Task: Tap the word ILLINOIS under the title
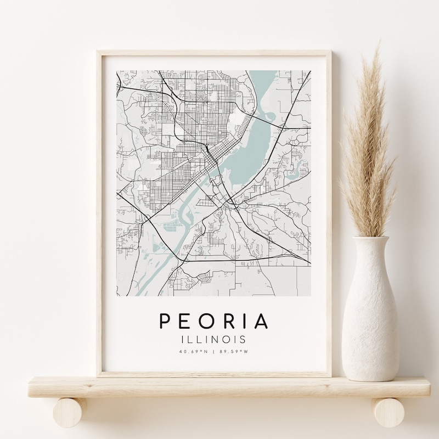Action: tap(214, 340)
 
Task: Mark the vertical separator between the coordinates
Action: tap(214, 352)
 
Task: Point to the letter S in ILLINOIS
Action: tap(244, 340)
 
